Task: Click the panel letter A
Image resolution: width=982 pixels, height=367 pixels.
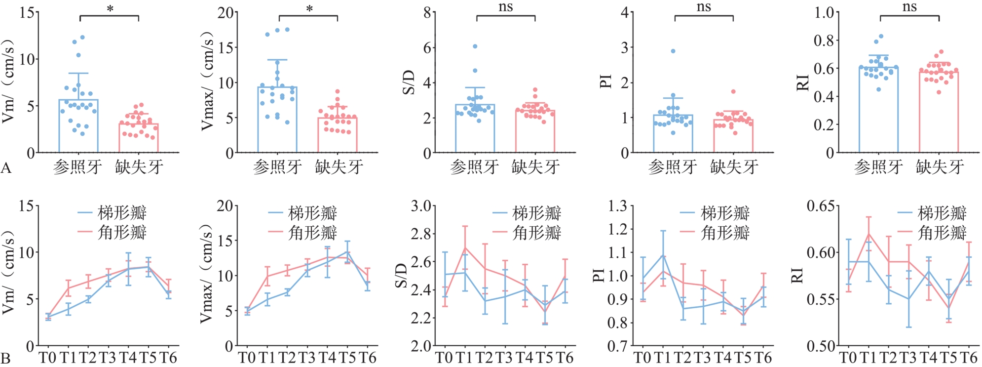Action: [6, 168]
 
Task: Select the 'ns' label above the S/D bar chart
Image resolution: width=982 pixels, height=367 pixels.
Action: [506, 7]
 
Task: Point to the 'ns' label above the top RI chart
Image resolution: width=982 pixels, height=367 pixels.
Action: [909, 7]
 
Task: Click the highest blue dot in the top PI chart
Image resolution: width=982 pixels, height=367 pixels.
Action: [673, 51]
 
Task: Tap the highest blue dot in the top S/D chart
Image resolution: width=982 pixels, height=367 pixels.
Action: [475, 46]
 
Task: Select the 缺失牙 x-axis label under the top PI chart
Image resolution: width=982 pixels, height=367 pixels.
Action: [734, 167]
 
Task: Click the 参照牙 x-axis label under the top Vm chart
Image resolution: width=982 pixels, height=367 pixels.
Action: [77, 167]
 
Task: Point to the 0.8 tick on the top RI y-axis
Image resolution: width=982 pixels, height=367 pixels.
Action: [823, 40]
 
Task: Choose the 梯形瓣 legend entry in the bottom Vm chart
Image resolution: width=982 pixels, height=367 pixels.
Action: [113, 213]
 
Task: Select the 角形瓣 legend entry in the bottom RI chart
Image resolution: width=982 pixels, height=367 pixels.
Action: [932, 232]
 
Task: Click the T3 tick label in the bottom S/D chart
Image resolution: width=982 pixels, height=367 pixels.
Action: [504, 357]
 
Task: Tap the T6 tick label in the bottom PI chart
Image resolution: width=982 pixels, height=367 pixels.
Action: [763, 357]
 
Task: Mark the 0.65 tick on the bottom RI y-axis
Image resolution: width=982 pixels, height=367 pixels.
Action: [819, 205]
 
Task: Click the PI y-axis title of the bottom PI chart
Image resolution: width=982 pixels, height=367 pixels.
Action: [599, 275]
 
